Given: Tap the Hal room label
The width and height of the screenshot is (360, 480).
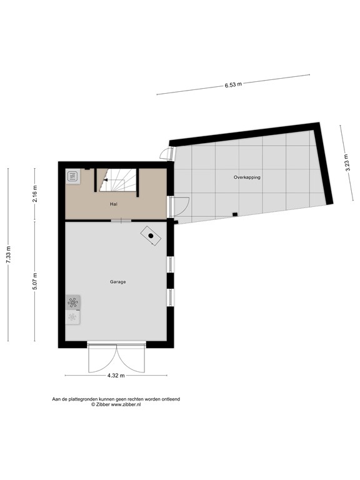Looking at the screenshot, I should coord(113,204).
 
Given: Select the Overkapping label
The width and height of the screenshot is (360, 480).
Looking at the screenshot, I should coord(247,177).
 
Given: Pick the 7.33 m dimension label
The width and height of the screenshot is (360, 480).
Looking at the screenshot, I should coord(9,254).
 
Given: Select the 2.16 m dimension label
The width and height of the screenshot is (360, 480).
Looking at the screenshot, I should coord(36,191).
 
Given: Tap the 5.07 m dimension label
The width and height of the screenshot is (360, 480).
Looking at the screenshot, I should coord(36,281).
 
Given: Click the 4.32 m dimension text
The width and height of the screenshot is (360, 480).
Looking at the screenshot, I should coord(116,376).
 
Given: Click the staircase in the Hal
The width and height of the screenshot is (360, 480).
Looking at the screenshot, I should coord(117,181).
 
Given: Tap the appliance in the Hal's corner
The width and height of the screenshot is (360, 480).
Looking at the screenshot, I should coord(72,176).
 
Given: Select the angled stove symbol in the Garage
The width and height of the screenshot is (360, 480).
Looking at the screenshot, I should coord(151,236).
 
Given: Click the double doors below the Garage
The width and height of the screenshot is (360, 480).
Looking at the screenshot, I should coord(117,357).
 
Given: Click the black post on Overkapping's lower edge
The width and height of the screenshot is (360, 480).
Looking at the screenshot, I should coord(234,214).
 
